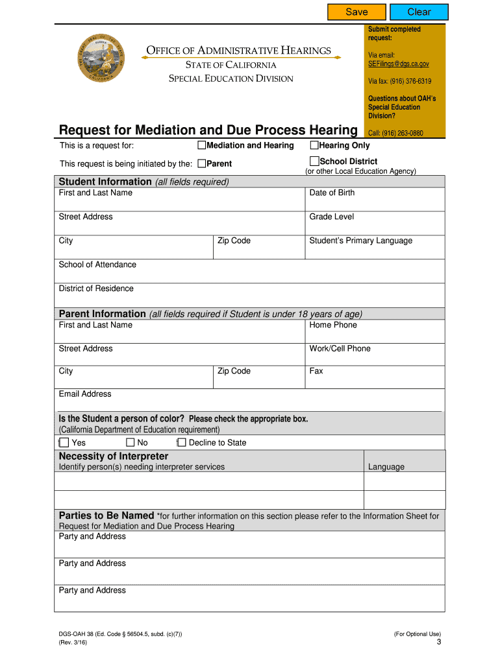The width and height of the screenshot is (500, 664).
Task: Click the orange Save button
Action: [356, 12]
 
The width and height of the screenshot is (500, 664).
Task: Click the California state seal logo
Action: [100, 59]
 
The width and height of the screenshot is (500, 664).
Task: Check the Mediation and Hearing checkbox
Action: [202, 145]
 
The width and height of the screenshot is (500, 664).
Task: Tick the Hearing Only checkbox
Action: [314, 145]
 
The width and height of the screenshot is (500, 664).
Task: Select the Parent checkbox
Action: [202, 163]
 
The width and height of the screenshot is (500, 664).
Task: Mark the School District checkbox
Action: [314, 161]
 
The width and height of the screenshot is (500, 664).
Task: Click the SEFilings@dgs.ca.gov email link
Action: [398, 64]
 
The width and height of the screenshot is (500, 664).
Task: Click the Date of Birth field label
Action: [332, 193]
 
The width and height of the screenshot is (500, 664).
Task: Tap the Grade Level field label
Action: [331, 217]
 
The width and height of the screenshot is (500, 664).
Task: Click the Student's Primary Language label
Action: [360, 241]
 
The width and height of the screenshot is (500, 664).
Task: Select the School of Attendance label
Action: [97, 265]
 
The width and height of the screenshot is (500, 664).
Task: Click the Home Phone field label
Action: [333, 325]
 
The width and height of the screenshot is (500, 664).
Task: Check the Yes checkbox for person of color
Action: [64, 442]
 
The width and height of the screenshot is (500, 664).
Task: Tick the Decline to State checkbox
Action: [182, 442]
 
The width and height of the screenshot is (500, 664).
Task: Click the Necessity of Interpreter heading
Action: [113, 456]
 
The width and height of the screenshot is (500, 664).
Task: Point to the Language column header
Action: [386, 467]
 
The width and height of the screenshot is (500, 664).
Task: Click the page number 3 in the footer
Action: [439, 642]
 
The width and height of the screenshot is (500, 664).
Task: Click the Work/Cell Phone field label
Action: [340, 348]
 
